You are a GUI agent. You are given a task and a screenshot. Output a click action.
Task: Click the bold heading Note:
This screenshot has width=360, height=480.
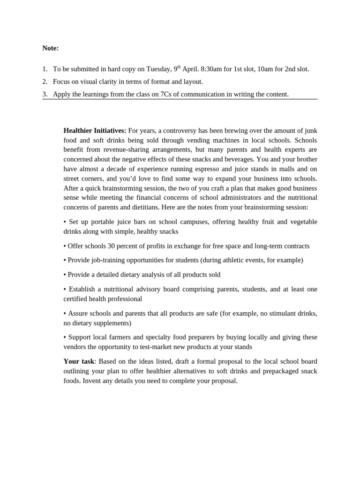click(x=51, y=48)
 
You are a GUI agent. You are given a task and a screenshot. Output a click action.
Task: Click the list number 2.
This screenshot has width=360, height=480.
click(x=45, y=82)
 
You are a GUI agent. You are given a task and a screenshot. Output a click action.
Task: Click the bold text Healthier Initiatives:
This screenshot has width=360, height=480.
click(x=95, y=130)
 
